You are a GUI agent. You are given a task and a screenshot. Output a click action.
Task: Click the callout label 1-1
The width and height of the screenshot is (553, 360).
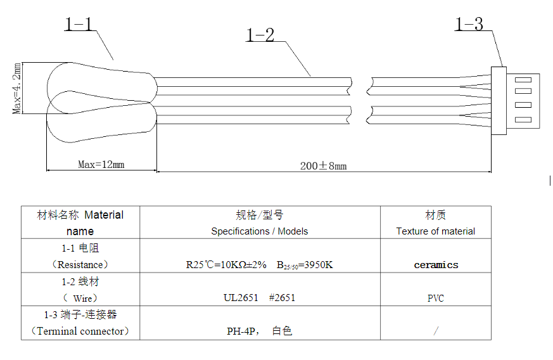(x=78, y=24)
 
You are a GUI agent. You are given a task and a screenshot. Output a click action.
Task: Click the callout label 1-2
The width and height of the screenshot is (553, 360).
(x=260, y=35)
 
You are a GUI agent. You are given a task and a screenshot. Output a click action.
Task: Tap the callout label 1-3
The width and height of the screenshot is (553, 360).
(x=469, y=24)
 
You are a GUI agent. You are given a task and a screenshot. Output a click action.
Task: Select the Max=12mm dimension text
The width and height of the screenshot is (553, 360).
(x=101, y=164)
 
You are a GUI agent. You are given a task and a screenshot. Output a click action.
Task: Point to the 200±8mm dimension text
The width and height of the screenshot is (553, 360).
(x=324, y=166)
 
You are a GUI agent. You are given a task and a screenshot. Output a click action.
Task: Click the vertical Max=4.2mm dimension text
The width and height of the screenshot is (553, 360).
(x=16, y=88)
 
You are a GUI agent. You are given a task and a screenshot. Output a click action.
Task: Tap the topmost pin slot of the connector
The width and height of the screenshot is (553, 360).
(x=523, y=80)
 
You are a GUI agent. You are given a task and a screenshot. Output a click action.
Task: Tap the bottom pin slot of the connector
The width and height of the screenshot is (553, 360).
(x=523, y=120)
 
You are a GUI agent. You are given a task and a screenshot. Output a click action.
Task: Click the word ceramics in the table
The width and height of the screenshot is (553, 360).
(x=436, y=265)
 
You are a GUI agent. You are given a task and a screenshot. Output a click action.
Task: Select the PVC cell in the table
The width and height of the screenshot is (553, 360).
(x=436, y=299)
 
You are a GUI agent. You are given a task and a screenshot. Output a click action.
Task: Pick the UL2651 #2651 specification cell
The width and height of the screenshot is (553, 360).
(x=259, y=297)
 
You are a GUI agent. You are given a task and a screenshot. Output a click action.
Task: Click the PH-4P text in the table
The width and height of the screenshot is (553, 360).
(x=241, y=331)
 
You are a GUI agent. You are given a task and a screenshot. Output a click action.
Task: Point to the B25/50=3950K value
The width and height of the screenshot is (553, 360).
(x=305, y=265)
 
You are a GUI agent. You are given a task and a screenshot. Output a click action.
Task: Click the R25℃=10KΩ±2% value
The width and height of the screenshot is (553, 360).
(x=226, y=264)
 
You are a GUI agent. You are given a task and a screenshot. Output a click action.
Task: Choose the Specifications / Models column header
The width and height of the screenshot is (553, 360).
(x=260, y=231)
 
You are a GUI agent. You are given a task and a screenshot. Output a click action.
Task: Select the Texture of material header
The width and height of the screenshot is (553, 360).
(x=436, y=231)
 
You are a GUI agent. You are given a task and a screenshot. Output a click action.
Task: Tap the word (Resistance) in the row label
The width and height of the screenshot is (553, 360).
(x=80, y=264)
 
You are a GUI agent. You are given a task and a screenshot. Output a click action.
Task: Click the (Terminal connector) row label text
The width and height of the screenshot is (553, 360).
(x=80, y=331)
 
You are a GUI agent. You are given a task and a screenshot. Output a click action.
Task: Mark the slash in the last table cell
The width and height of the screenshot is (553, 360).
(x=436, y=331)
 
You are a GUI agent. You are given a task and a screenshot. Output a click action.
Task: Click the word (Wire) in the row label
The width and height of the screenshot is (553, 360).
(x=80, y=299)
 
